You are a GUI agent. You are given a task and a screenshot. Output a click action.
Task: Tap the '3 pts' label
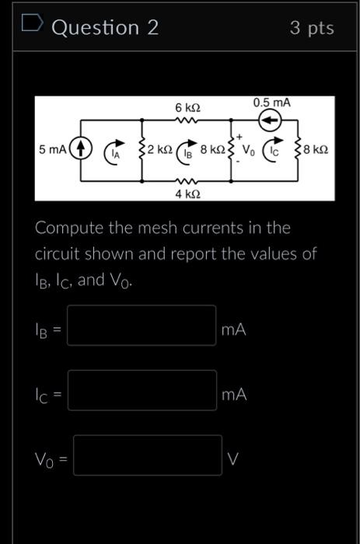tap(311, 28)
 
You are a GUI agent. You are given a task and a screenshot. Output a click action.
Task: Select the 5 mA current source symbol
tap(82, 148)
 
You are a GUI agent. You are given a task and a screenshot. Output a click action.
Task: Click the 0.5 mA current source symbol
tap(269, 120)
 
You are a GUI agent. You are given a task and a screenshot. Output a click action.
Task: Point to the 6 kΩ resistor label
tap(187, 106)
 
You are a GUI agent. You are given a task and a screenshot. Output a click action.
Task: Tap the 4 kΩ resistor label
tap(187, 192)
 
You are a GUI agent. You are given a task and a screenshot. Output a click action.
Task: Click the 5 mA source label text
tap(53, 148)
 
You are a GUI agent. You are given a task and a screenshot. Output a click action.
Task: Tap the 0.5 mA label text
tap(268, 103)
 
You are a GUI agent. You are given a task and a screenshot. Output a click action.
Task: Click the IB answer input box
tap(142, 326)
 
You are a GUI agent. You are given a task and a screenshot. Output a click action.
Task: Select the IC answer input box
tap(142, 390)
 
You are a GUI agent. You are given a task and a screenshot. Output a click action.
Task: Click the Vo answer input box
tap(148, 455)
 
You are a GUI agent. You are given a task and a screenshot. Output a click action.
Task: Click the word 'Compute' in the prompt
tap(68, 228)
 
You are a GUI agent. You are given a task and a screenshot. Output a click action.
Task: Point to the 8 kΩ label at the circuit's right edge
tap(316, 148)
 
